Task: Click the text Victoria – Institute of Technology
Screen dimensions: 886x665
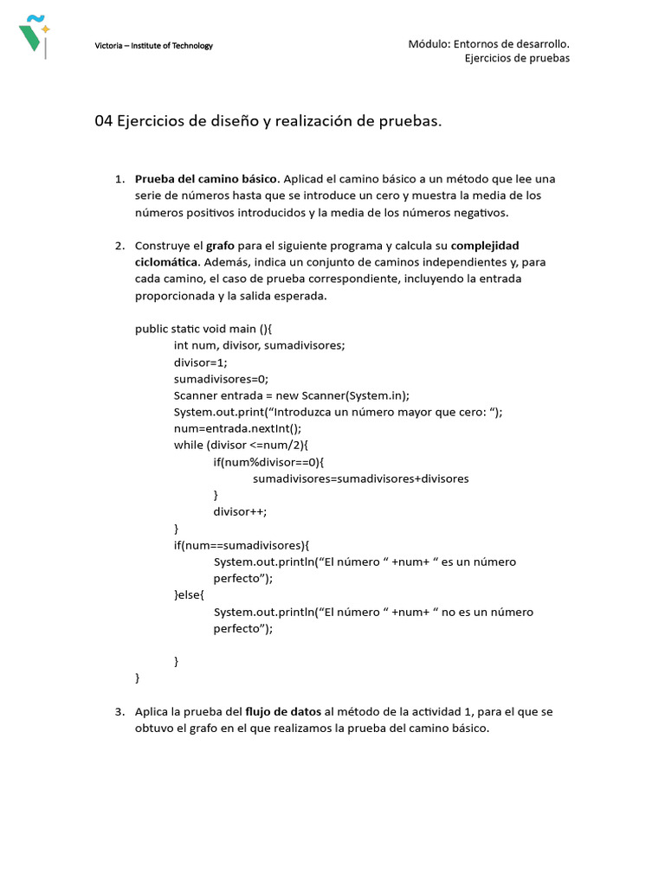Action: pyautogui.click(x=153, y=46)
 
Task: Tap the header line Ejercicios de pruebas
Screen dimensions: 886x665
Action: pyautogui.click(x=517, y=58)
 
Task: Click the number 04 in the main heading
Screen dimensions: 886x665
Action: pyautogui.click(x=103, y=122)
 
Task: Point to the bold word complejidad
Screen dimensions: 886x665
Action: pyautogui.click(x=485, y=246)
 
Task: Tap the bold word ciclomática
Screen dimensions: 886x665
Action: pyautogui.click(x=167, y=262)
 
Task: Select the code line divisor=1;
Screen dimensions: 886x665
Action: pyautogui.click(x=200, y=363)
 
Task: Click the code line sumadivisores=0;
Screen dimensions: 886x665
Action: pyautogui.click(x=221, y=379)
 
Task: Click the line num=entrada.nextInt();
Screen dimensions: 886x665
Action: pyautogui.click(x=237, y=428)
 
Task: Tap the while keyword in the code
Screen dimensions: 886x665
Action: pyautogui.click(x=188, y=446)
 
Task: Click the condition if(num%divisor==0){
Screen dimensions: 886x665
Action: pyautogui.click(x=268, y=462)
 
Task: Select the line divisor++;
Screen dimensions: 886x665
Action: pyautogui.click(x=240, y=511)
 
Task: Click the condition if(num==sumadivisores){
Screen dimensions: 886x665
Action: pyautogui.click(x=241, y=545)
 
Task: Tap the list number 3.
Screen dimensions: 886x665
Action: pyautogui.click(x=119, y=712)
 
